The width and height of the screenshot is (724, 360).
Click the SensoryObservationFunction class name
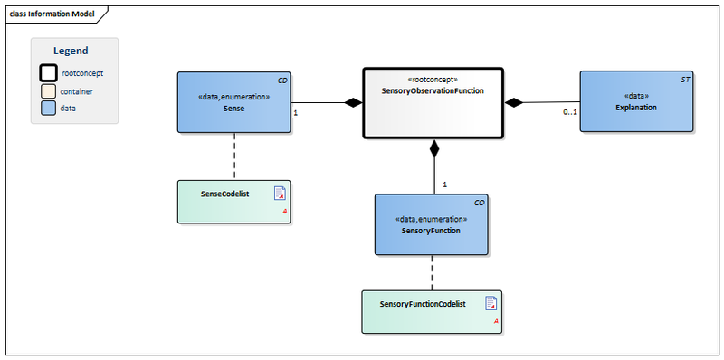pos(433,91)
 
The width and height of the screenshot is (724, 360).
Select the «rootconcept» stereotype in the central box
pos(433,80)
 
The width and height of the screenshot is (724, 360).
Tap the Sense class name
pos(233,108)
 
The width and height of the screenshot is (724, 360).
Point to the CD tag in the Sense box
pos(282,81)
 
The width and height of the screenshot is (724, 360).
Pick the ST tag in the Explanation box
pos(684,81)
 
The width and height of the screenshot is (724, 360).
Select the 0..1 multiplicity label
pos(569,112)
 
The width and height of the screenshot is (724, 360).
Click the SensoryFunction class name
pos(431,231)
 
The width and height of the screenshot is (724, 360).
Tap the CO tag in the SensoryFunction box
pos(479,204)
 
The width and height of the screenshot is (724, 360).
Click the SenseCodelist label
pos(226,194)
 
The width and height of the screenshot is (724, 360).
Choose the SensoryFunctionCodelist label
pos(423,304)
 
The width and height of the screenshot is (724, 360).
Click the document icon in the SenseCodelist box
pos(280,193)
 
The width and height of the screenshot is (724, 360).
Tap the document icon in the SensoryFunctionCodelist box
pos(491,303)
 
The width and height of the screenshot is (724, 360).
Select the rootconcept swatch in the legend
pos(47,72)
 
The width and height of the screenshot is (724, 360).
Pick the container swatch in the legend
pos(47,90)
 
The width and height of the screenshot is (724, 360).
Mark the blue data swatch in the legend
pos(47,108)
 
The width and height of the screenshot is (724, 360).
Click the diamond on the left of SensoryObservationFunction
pos(353,103)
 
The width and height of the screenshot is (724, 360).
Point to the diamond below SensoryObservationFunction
pos(433,147)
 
